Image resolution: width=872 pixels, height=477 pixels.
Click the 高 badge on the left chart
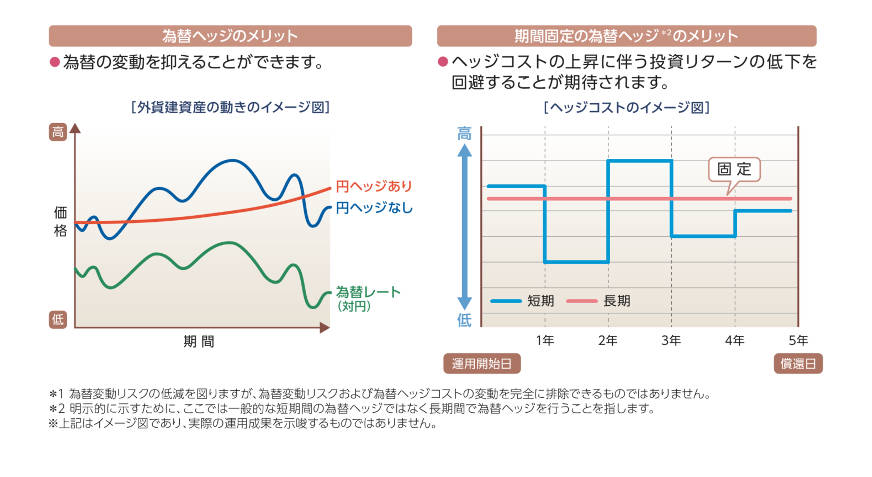(58, 132)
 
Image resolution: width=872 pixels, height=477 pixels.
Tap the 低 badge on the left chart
(58, 319)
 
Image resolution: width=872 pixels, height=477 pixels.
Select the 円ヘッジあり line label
(374, 186)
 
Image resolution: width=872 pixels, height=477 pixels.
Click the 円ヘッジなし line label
(374, 208)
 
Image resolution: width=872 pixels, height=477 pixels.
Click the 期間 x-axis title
(199, 341)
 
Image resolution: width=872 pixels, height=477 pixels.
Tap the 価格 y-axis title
(61, 222)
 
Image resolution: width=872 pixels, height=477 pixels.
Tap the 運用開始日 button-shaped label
(482, 364)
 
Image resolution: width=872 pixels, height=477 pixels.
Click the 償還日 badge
(798, 364)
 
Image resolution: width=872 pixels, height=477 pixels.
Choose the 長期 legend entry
(616, 301)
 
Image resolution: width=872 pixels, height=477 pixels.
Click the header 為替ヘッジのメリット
(230, 36)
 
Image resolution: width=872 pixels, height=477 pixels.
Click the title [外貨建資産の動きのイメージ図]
(230, 107)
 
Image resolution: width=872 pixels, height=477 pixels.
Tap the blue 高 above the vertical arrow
(464, 134)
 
